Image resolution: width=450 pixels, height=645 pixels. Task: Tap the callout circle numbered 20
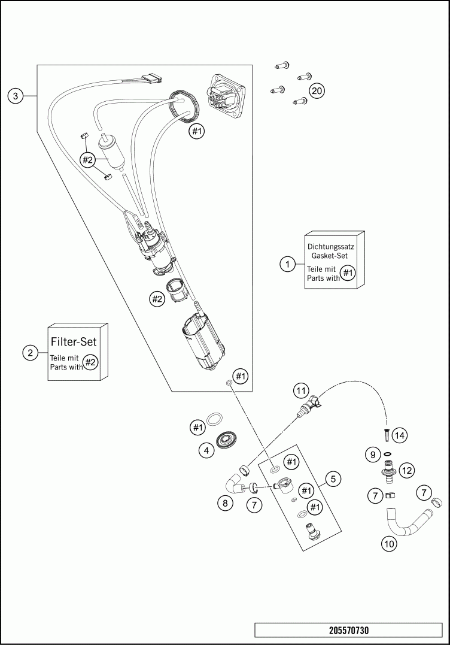click(317, 91)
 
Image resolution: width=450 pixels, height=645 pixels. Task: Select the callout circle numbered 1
click(288, 263)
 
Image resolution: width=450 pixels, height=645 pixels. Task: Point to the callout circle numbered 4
click(207, 450)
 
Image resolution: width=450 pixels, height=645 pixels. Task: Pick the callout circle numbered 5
click(333, 479)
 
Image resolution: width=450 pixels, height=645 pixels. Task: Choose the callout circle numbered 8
click(225, 503)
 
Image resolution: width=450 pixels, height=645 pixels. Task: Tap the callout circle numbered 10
click(390, 544)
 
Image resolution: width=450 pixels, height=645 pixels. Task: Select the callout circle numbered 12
click(407, 471)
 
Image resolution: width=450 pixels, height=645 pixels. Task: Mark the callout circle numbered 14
click(399, 435)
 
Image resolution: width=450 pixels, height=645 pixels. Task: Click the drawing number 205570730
click(348, 631)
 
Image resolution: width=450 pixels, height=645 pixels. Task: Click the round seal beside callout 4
click(228, 441)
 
